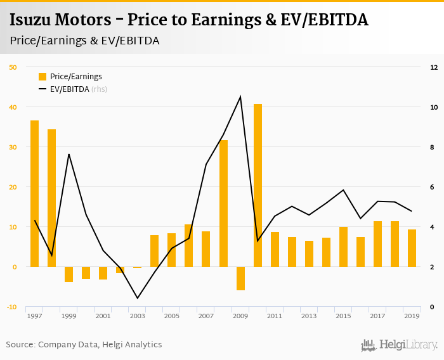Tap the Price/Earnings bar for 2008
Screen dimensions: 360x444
click(x=223, y=203)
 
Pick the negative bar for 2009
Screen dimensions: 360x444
click(x=240, y=278)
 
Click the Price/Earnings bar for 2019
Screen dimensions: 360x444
click(x=412, y=248)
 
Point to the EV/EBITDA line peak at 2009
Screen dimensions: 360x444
click(x=240, y=96)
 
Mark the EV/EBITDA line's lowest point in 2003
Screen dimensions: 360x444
click(x=138, y=298)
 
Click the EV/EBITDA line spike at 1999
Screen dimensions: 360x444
click(x=69, y=155)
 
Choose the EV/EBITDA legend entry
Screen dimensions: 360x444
click(x=69, y=89)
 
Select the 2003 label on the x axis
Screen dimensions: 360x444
click(x=138, y=316)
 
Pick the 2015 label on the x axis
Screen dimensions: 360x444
click(x=343, y=316)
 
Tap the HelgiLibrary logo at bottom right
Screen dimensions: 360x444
click(x=400, y=345)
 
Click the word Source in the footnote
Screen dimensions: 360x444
click(x=20, y=345)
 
